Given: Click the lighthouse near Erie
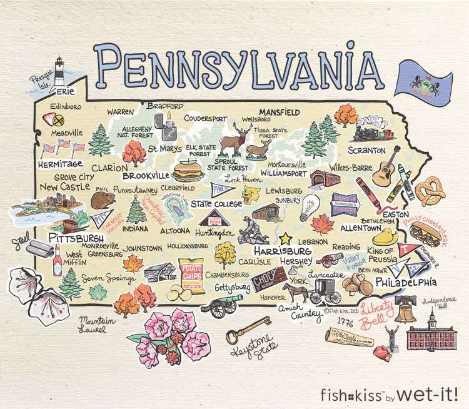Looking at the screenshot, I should pos(59,71).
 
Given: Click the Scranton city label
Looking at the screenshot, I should pos(366,151).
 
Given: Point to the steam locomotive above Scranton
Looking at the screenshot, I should pos(373,129).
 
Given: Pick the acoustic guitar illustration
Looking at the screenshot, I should pos(386,166).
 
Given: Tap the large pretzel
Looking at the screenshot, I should pos(431,191).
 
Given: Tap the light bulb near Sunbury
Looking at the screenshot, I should pos(309,207).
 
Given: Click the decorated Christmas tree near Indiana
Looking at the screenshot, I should pos(136,210).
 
